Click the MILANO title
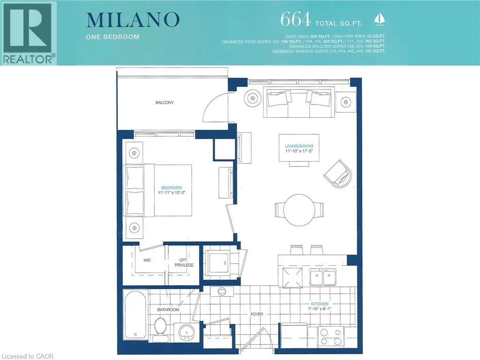tap(133, 19)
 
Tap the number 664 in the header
tap(295, 19)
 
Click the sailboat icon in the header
tap(379, 20)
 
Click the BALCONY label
tap(165, 102)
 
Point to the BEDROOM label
tap(172, 187)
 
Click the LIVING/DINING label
tap(299, 146)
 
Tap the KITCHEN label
tap(320, 304)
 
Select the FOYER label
tap(256, 314)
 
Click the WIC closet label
tap(147, 260)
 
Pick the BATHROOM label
tap(168, 309)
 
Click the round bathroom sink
tap(186, 332)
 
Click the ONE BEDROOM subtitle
tap(112, 37)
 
